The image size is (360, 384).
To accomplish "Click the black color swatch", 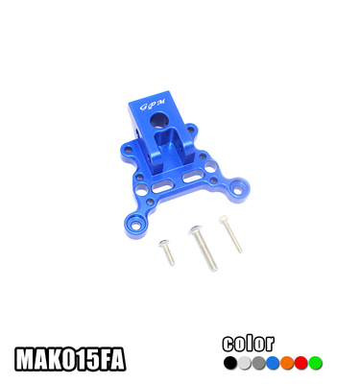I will point(228,363).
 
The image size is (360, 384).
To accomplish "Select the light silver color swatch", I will point(243,363).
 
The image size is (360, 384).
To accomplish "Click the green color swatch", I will point(315,363).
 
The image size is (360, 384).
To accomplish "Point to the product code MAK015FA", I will point(70,360).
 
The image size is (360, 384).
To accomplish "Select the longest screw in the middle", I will point(202,249).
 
